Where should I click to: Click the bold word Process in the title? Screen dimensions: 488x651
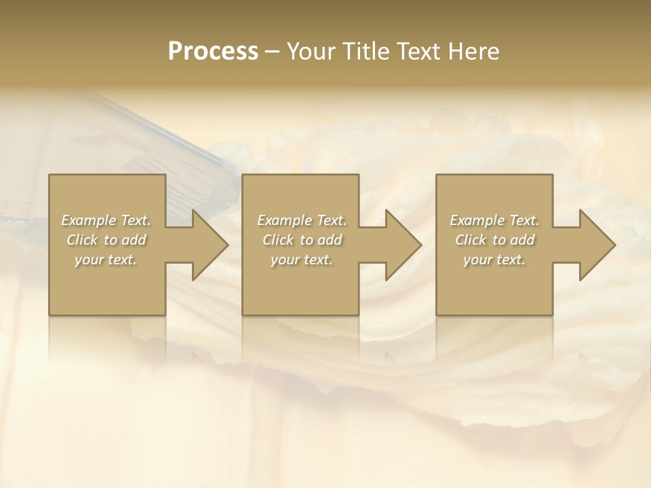pyautogui.click(x=213, y=52)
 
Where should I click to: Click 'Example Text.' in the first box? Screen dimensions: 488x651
pyautogui.click(x=106, y=220)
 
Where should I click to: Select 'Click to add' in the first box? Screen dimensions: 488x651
pyautogui.click(x=106, y=240)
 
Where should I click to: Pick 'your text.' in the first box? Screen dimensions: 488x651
pyautogui.click(x=106, y=260)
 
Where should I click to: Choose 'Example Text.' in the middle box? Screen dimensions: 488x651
pyautogui.click(x=302, y=220)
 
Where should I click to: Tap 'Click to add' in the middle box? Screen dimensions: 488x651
pyautogui.click(x=302, y=240)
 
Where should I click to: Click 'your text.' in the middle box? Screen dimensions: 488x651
pyautogui.click(x=302, y=260)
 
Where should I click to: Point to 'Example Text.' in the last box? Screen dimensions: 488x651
pyautogui.click(x=494, y=220)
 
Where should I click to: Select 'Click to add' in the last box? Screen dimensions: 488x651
pyautogui.click(x=494, y=240)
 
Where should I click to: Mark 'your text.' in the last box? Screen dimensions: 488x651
pyautogui.click(x=494, y=260)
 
